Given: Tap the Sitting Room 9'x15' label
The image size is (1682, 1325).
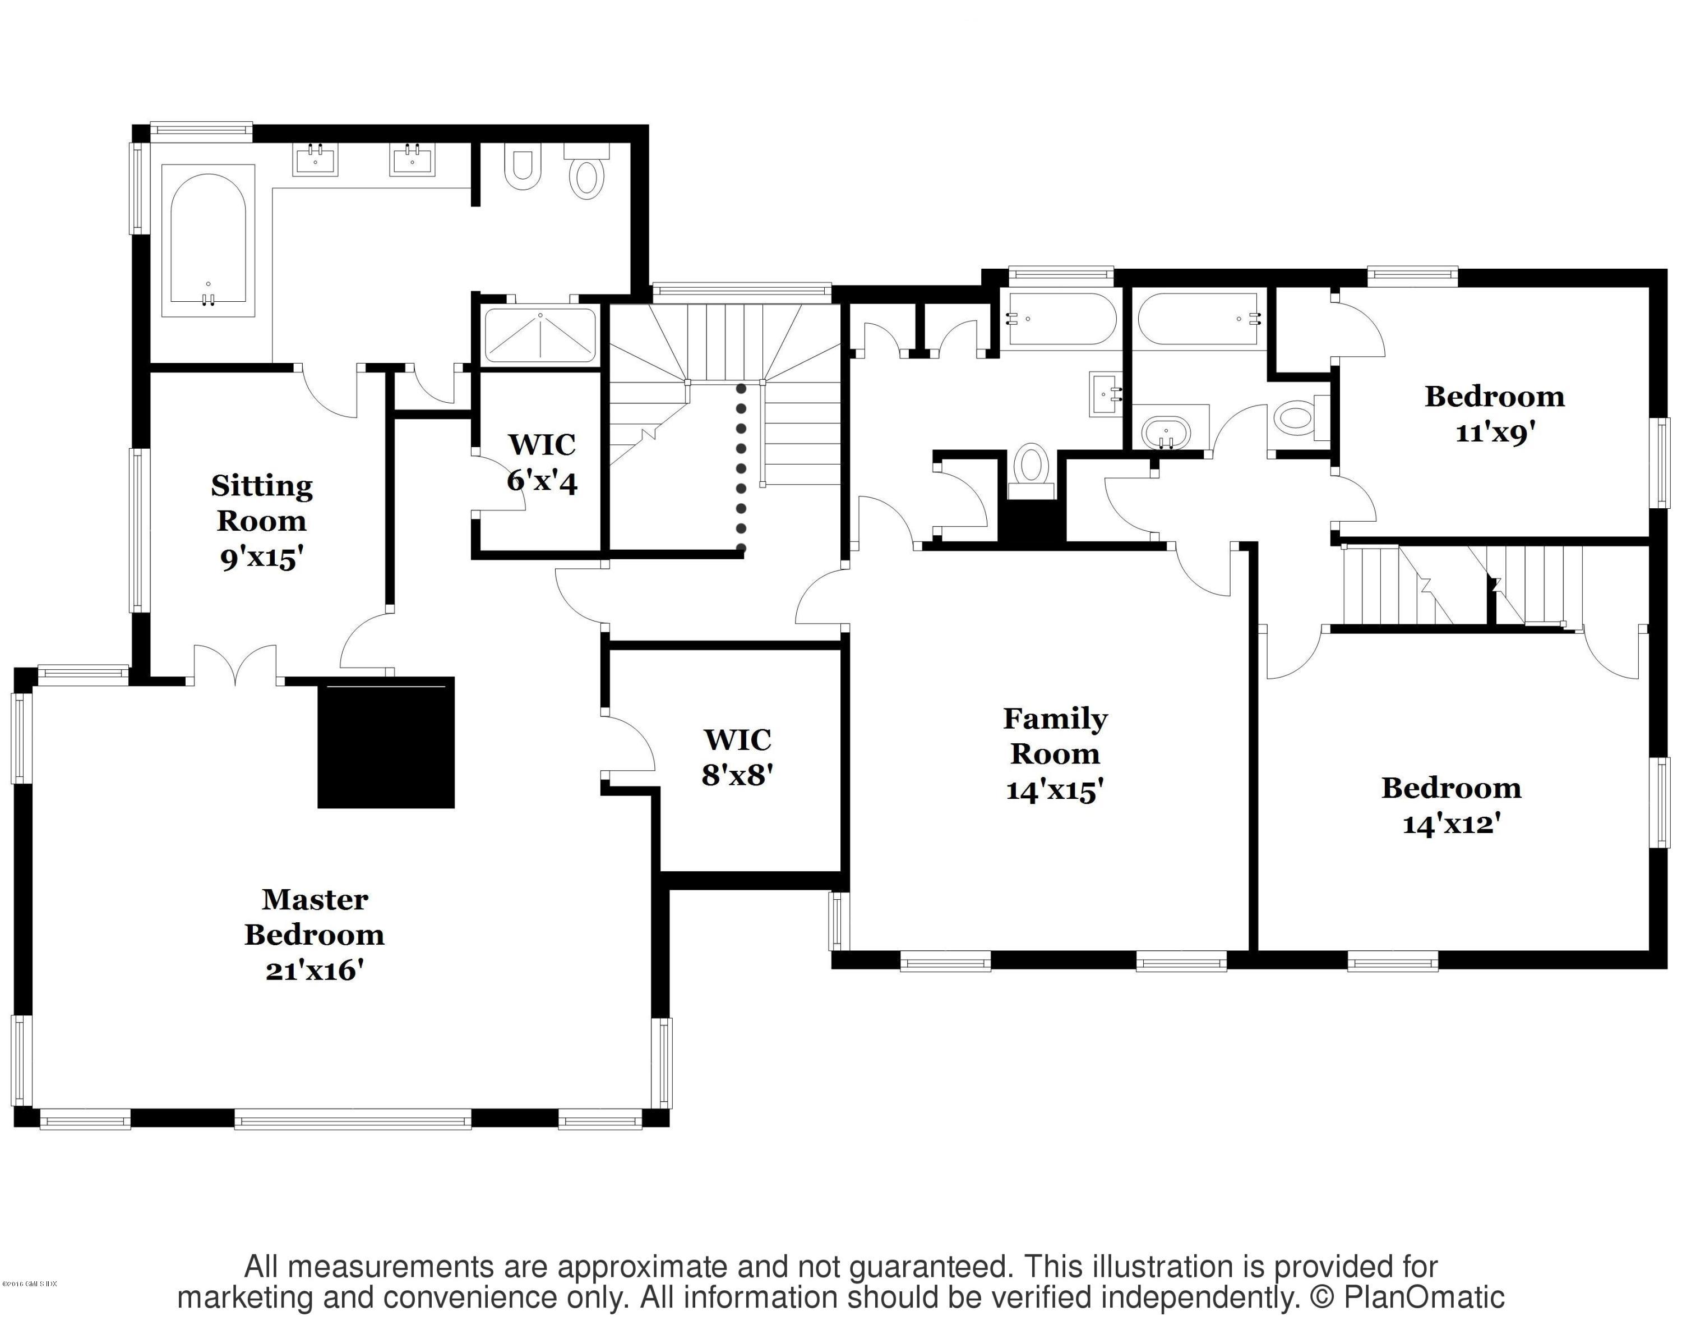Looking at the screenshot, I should pos(261,521).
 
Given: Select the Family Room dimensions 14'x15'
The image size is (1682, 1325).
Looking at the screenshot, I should pos(1055,790).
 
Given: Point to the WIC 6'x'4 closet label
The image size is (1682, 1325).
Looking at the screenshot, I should pos(541,463).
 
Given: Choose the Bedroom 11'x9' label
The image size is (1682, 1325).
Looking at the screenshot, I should pos(1494,413).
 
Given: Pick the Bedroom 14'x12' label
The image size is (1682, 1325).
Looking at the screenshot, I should pos(1451,805).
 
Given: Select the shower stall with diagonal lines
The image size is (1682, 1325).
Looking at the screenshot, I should pos(540,335).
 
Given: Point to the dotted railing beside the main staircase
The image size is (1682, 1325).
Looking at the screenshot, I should pos(741,468).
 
